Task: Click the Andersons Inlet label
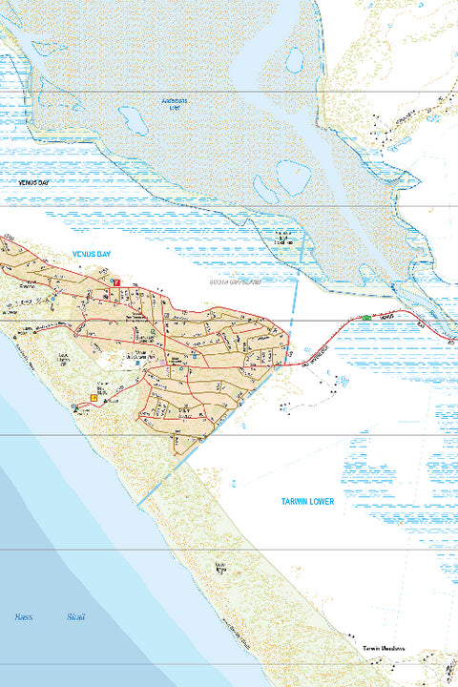pos(175,103)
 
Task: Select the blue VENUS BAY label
pos(93,253)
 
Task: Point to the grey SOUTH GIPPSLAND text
pos(235,282)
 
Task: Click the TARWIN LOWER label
pos(307,501)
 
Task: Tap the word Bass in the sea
pos(24,617)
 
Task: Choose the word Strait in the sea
pos(76,617)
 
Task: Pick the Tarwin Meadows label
pos(384,649)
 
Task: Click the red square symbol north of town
pos(116,283)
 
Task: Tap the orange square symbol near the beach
pos(94,397)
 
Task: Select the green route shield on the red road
pos(365,317)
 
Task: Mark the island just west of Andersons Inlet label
pos(133,120)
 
